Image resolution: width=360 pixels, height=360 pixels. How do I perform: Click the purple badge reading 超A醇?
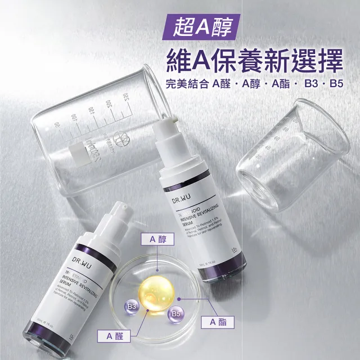(x=200, y=25)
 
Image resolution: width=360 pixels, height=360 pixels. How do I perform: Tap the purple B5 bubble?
(x=175, y=313)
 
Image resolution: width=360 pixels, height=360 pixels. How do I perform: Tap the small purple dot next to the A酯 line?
(x=179, y=298)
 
